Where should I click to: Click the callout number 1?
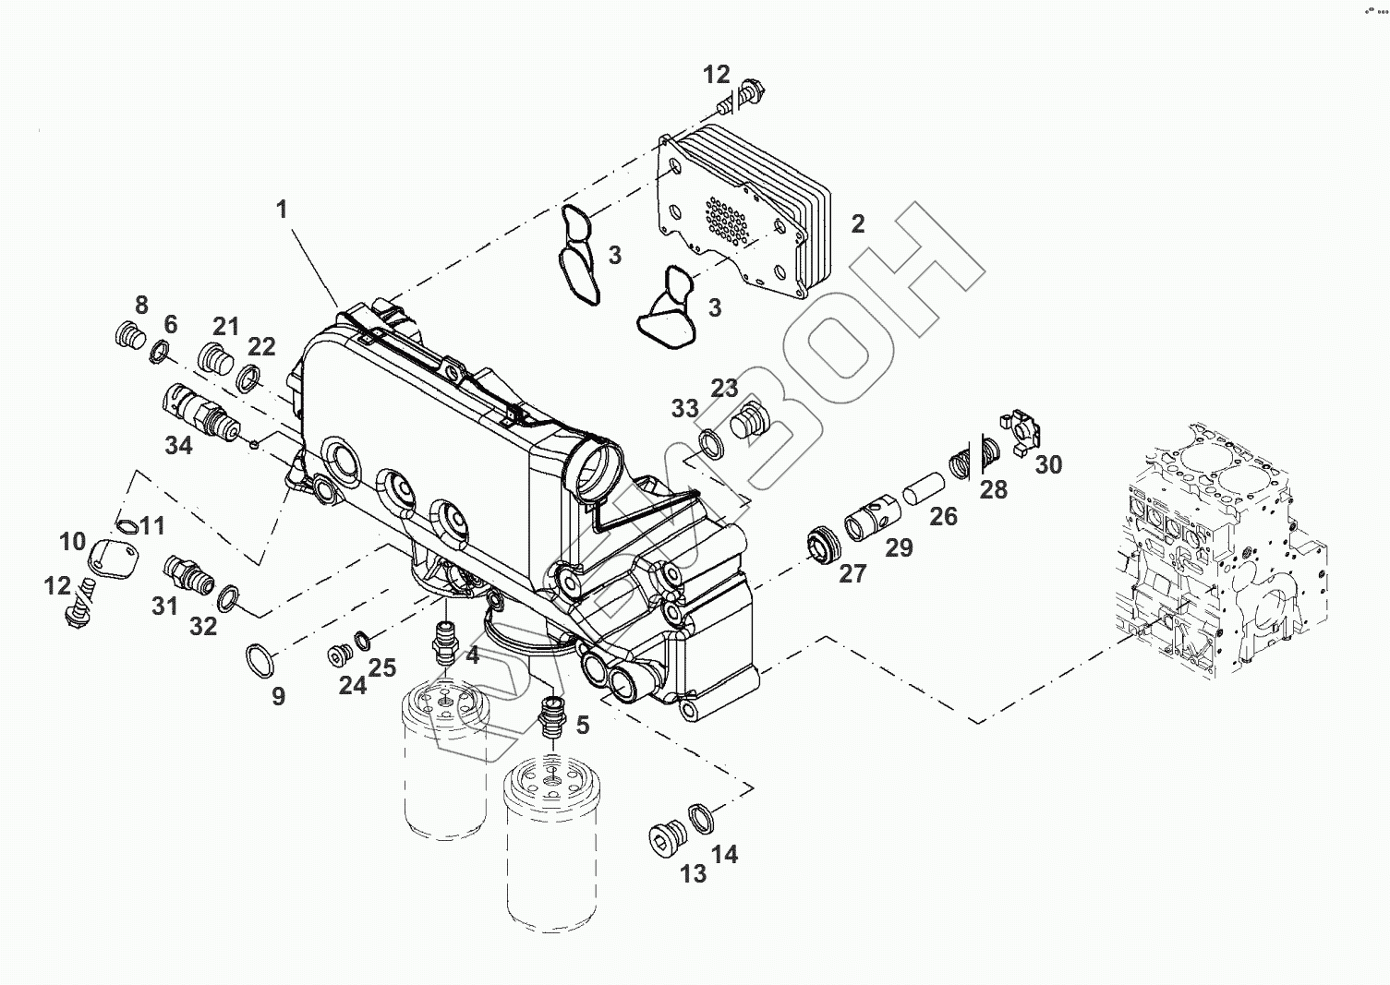pyautogui.click(x=282, y=210)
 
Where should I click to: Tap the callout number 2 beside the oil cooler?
pyautogui.click(x=858, y=223)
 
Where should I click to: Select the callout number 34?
pyautogui.click(x=178, y=446)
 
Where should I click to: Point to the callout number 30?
pyautogui.click(x=1048, y=464)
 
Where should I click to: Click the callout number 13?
pyautogui.click(x=693, y=873)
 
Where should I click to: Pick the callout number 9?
pyautogui.click(x=278, y=696)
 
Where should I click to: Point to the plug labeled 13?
pyautogui.click(x=664, y=837)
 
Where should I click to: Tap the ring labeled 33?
pyautogui.click(x=714, y=443)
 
